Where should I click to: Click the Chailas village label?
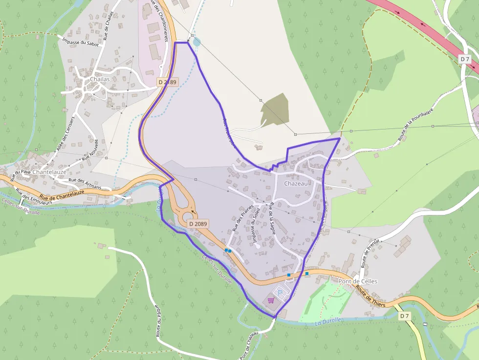[100, 79]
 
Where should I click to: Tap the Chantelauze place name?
[49, 172]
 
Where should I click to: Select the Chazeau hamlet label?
[296, 183]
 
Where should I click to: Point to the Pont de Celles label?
[358, 281]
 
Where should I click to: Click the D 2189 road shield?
[167, 83]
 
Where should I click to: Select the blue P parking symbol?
[280, 293]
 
